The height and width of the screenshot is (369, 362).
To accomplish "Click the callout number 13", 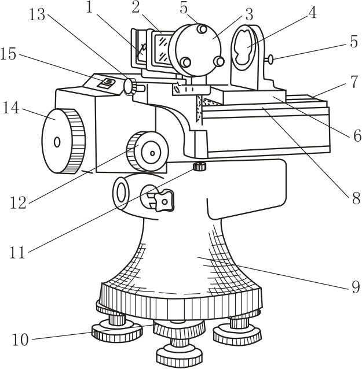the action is coord(36,15).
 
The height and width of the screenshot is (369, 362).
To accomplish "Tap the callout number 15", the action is coord(8,54).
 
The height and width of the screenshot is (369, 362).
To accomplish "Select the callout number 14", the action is coord(10,108).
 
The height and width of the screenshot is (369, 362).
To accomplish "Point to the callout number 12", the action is coord(18,202).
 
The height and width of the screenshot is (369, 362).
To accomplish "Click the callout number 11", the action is coord(17,252).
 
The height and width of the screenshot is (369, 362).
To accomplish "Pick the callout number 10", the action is coord(20,340).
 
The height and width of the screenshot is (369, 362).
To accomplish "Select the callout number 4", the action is coord(312,13).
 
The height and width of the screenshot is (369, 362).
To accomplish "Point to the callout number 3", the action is coord(248,14).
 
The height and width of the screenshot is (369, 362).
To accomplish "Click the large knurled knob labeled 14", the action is coord(63,141).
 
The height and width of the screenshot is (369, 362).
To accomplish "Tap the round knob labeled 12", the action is coord(147,151).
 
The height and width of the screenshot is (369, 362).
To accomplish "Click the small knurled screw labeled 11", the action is coord(200,167).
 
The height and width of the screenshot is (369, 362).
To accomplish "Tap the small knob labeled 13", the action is coord(131,86).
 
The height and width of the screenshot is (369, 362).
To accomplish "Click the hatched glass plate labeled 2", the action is coord(162,49).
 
